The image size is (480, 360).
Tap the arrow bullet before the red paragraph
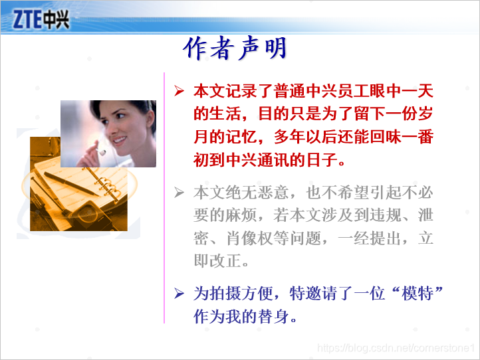tap(178, 90)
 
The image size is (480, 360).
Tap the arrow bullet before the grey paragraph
tap(178, 193)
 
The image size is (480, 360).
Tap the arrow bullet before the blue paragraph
tap(178, 293)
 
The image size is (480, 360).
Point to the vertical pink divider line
tap(164, 199)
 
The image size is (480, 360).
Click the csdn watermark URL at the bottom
tap(397, 347)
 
